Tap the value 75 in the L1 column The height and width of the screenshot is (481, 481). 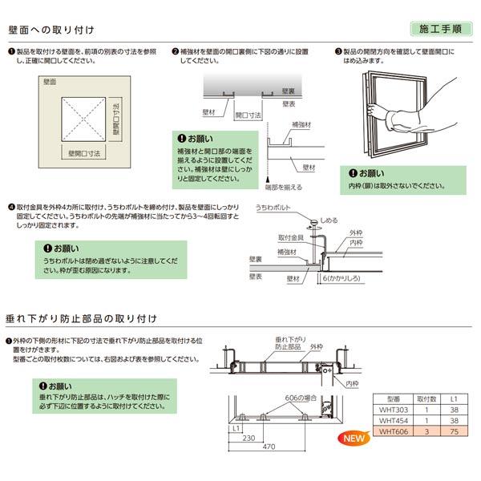tap(453, 430)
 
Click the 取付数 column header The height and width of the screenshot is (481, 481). tap(427, 395)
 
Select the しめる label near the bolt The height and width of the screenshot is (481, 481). tap(329, 218)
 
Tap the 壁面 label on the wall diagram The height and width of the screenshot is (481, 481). tap(51, 82)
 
